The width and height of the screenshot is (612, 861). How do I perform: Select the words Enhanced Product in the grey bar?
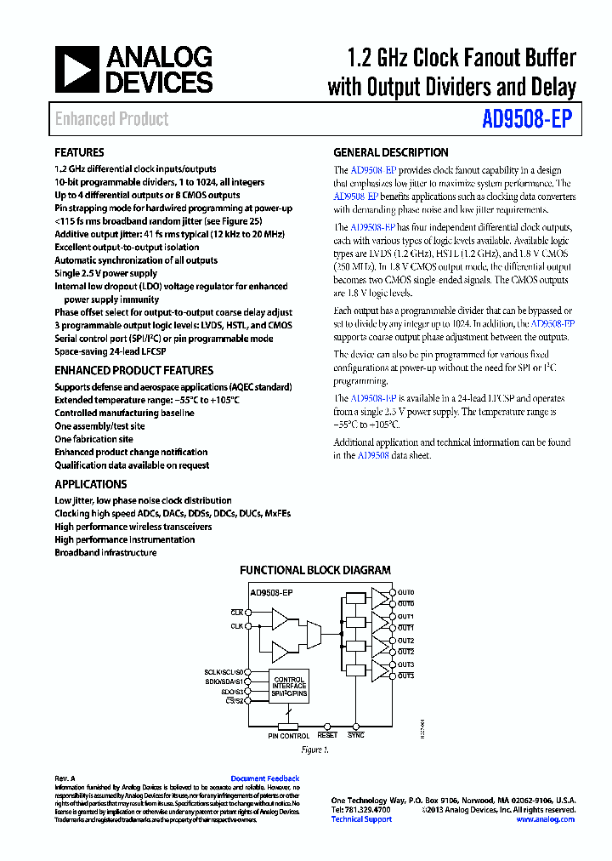click(x=111, y=119)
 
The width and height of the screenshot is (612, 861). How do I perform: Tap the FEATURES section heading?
click(x=79, y=153)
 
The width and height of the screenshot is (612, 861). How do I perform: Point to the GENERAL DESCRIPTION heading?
click(x=390, y=153)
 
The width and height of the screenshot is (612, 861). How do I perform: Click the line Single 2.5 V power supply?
click(x=105, y=274)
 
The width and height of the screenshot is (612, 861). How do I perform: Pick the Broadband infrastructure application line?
click(x=105, y=553)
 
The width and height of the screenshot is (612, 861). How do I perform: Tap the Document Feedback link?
click(x=264, y=778)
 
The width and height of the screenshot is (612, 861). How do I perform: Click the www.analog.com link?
click(x=545, y=819)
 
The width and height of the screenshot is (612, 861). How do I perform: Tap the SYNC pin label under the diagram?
click(x=355, y=735)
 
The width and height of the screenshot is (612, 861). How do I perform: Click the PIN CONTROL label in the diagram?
click(x=289, y=736)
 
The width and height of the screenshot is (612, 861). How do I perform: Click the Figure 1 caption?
click(x=314, y=750)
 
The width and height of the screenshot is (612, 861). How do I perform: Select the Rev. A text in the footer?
click(x=65, y=778)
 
